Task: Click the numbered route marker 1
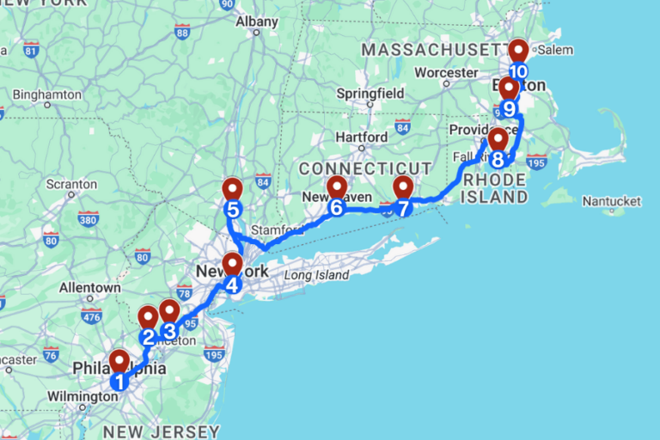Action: [119, 379]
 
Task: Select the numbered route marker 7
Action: [403, 207]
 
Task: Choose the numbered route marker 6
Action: [336, 207]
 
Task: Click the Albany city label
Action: [256, 21]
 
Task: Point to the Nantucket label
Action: [611, 201]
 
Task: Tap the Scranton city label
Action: [71, 184]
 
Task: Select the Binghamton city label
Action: [47, 93]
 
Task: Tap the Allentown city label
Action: [89, 287]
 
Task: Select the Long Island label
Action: [316, 275]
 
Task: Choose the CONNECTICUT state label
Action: [364, 168]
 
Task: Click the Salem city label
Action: [554, 50]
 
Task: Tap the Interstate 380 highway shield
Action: [88, 218]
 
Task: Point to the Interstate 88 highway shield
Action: [181, 32]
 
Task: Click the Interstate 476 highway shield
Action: [91, 316]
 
